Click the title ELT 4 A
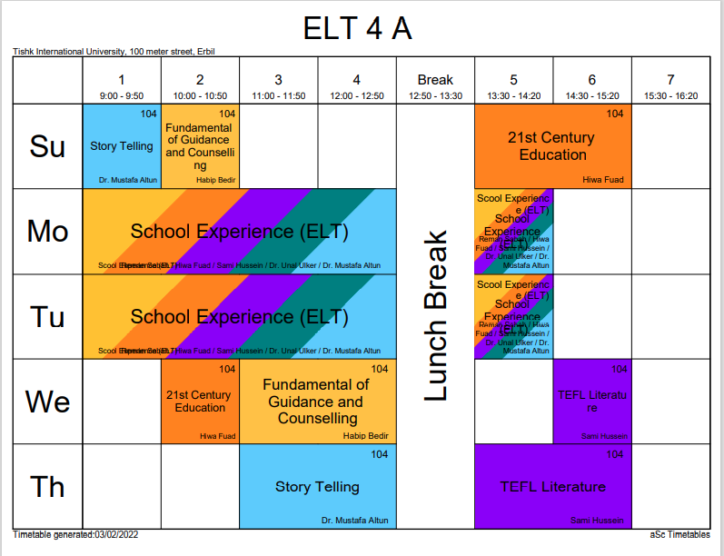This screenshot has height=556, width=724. [357, 29]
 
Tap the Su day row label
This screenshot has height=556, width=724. [48, 146]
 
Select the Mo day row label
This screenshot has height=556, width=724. [48, 232]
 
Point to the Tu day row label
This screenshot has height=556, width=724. [48, 317]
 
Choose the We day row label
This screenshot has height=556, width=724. [48, 402]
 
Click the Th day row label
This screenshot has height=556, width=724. [48, 487]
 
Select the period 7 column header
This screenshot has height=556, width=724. [670, 80]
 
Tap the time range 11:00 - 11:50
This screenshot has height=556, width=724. [278, 95]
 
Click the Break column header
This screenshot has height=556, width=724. [435, 80]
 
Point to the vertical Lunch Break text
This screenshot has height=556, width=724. [436, 316]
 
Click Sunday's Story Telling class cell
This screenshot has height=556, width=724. [122, 146]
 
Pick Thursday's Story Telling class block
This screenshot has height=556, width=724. [317, 487]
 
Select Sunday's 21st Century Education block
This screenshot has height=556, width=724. [552, 146]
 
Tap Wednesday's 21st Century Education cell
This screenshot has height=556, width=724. [200, 402]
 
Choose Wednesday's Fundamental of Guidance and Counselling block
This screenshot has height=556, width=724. [317, 402]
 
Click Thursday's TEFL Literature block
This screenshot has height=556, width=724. [552, 487]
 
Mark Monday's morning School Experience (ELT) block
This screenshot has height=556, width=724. [239, 232]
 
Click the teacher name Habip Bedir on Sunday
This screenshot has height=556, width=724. [215, 180]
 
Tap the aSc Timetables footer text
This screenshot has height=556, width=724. [680, 534]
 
